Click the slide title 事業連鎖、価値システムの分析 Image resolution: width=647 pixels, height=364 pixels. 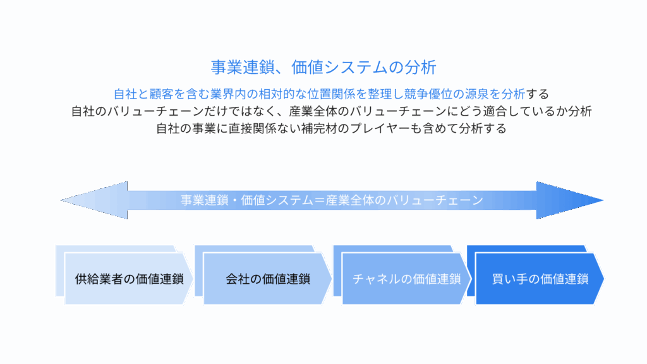click(x=323, y=67)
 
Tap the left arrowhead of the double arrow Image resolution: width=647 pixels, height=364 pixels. click(x=94, y=200)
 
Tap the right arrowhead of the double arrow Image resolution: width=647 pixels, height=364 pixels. click(x=570, y=200)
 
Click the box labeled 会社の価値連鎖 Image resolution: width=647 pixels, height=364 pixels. click(x=267, y=279)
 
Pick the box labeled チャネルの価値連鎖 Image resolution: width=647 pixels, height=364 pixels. click(x=406, y=279)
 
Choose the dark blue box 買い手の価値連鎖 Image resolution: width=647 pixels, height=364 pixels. click(x=540, y=279)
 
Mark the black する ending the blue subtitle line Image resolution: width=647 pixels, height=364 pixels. click(x=537, y=94)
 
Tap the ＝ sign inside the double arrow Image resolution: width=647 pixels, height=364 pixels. click(x=320, y=200)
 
